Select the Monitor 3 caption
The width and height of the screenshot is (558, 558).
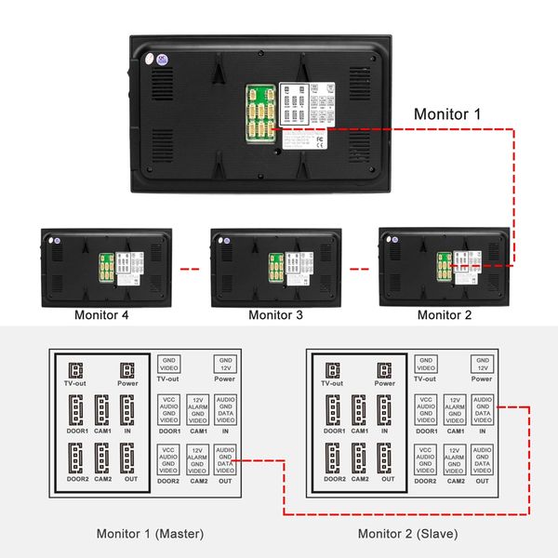pyautogui.click(x=275, y=315)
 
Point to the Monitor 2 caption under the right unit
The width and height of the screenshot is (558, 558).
pyautogui.click(x=445, y=315)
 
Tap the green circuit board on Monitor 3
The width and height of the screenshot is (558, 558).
pyautogui.click(x=276, y=270)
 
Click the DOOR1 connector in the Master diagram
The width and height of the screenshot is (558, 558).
pyautogui.click(x=76, y=410)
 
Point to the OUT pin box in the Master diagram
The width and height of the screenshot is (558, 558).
pyautogui.click(x=225, y=460)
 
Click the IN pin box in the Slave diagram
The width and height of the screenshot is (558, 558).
pyautogui.click(x=482, y=410)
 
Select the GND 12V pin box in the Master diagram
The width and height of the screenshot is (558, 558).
pyautogui.click(x=225, y=363)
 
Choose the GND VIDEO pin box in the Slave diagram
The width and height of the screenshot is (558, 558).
pyautogui.click(x=426, y=363)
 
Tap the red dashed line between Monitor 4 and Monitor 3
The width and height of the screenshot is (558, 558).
pyautogui.click(x=190, y=270)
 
